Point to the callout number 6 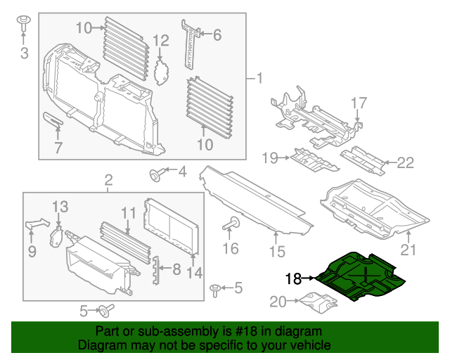(217, 34)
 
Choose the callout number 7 (58, 148)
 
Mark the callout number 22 (406, 163)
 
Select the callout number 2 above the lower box (108, 181)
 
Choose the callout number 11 (127, 212)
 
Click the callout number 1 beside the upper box (259, 78)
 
